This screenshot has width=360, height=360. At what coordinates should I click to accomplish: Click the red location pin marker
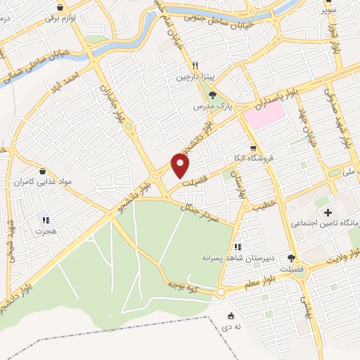pyautogui.click(x=181, y=165)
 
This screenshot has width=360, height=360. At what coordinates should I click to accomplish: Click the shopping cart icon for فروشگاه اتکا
pyautogui.click(x=243, y=148)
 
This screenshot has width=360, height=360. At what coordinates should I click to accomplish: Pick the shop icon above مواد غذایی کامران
pyautogui.click(x=43, y=171)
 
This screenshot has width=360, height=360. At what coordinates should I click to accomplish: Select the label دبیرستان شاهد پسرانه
pyautogui.click(x=237, y=257)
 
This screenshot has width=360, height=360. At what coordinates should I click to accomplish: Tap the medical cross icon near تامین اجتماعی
pyautogui.click(x=328, y=212)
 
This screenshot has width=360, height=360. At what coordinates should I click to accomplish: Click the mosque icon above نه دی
pyautogui.click(x=232, y=316)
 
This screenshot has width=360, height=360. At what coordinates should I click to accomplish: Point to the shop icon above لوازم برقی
pyautogui.click(x=61, y=7)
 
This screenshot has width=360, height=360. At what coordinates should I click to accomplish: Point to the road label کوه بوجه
pyautogui.click(x=182, y=285)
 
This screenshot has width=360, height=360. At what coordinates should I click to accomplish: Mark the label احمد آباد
pyautogui.click(x=81, y=77)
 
